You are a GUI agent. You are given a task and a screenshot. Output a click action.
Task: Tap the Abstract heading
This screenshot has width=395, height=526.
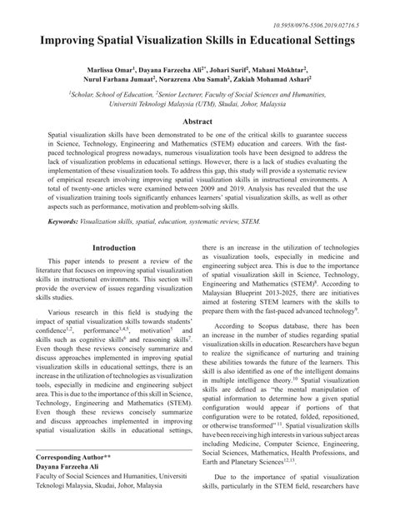click(197, 121)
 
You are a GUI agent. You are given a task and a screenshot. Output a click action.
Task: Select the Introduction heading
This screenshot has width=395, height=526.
click(113, 248)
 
